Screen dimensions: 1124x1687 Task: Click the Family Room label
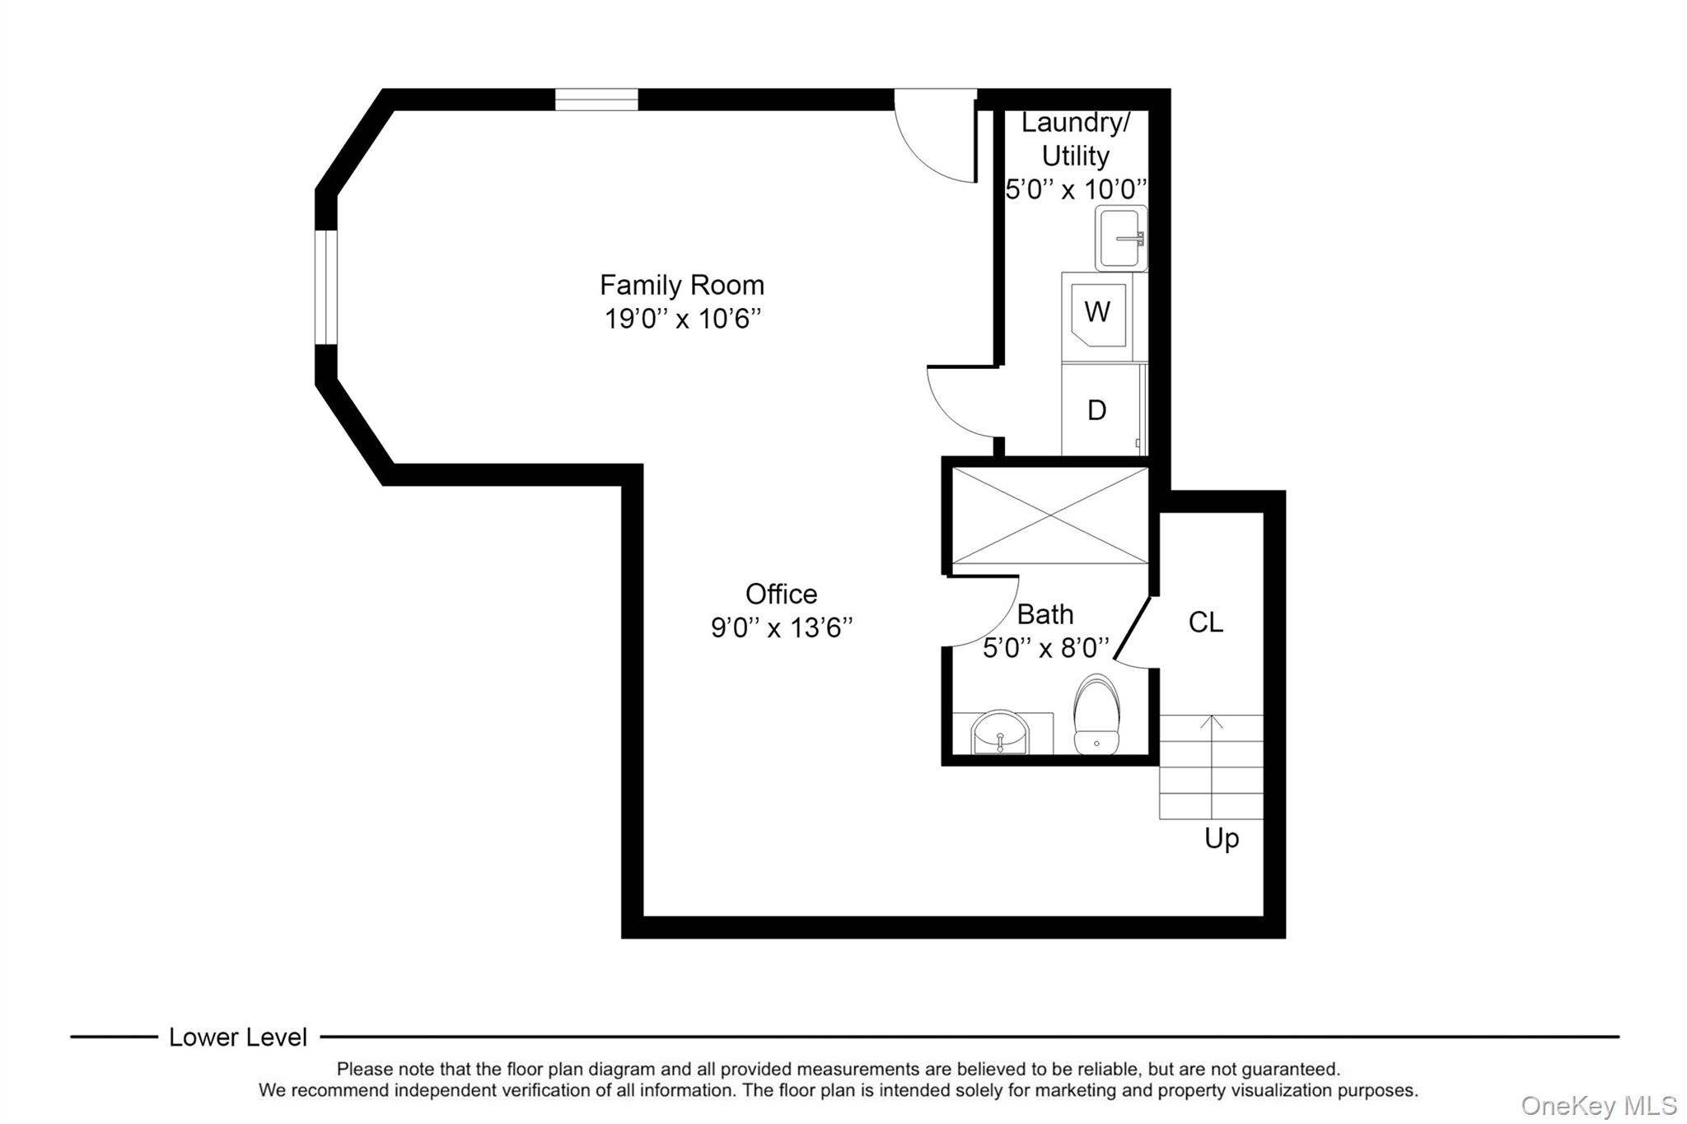pyautogui.click(x=681, y=285)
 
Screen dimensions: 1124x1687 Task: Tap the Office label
pyautogui.click(x=781, y=594)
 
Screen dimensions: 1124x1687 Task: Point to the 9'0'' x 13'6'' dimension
pyautogui.click(x=781, y=628)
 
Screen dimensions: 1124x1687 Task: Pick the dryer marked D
pyautogui.click(x=1097, y=410)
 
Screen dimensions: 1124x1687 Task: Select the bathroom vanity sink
pyautogui.click(x=1000, y=733)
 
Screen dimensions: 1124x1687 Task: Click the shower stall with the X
pyautogui.click(x=1049, y=515)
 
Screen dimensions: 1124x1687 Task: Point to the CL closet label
pyautogui.click(x=1205, y=623)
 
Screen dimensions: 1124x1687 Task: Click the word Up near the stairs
pyautogui.click(x=1222, y=838)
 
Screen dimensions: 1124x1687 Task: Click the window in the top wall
pyautogui.click(x=596, y=100)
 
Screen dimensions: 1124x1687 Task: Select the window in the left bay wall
pyautogui.click(x=326, y=287)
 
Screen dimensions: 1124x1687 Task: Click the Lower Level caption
pyautogui.click(x=238, y=1038)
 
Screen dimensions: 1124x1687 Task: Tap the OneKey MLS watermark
pyautogui.click(x=1598, y=1105)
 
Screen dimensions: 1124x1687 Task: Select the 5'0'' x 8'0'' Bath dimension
pyautogui.click(x=1046, y=649)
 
